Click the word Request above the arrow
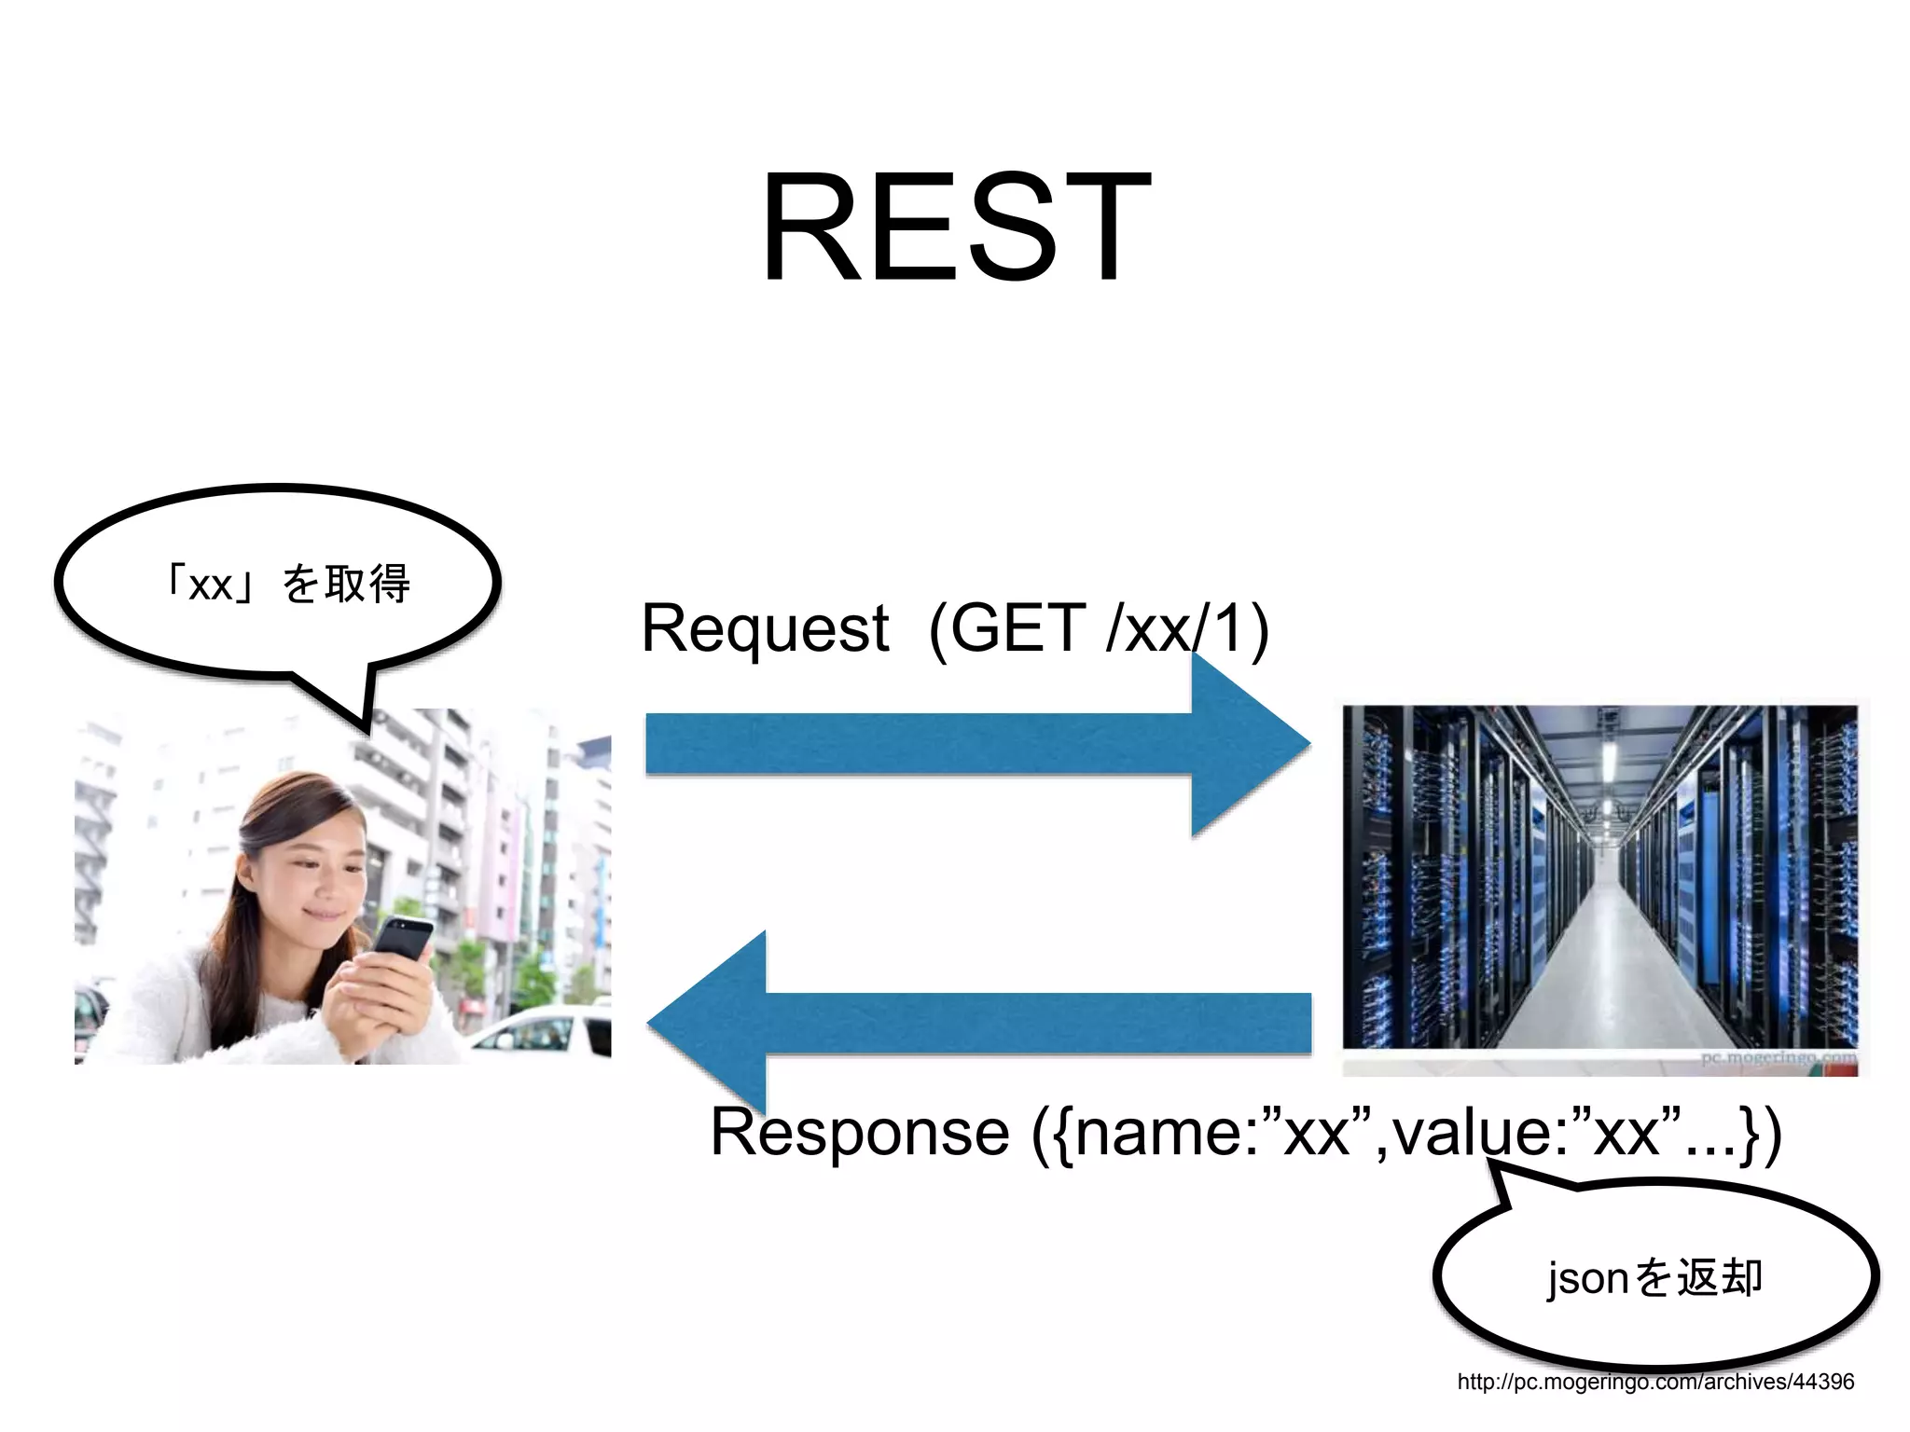765,629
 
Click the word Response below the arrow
859,1133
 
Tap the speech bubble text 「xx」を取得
287,585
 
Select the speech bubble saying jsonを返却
1655,1277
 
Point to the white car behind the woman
541,1030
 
